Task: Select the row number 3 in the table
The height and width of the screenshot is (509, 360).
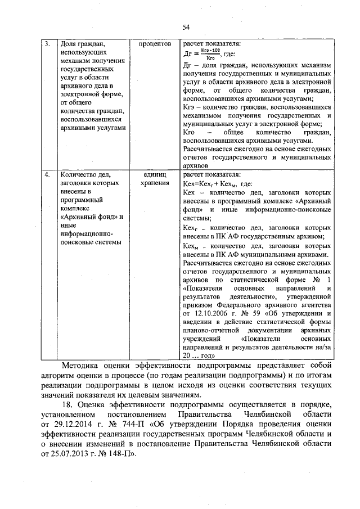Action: click(48, 43)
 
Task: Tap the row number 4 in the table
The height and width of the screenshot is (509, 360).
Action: click(48, 175)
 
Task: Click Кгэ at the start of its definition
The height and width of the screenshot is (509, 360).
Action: click(189, 106)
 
